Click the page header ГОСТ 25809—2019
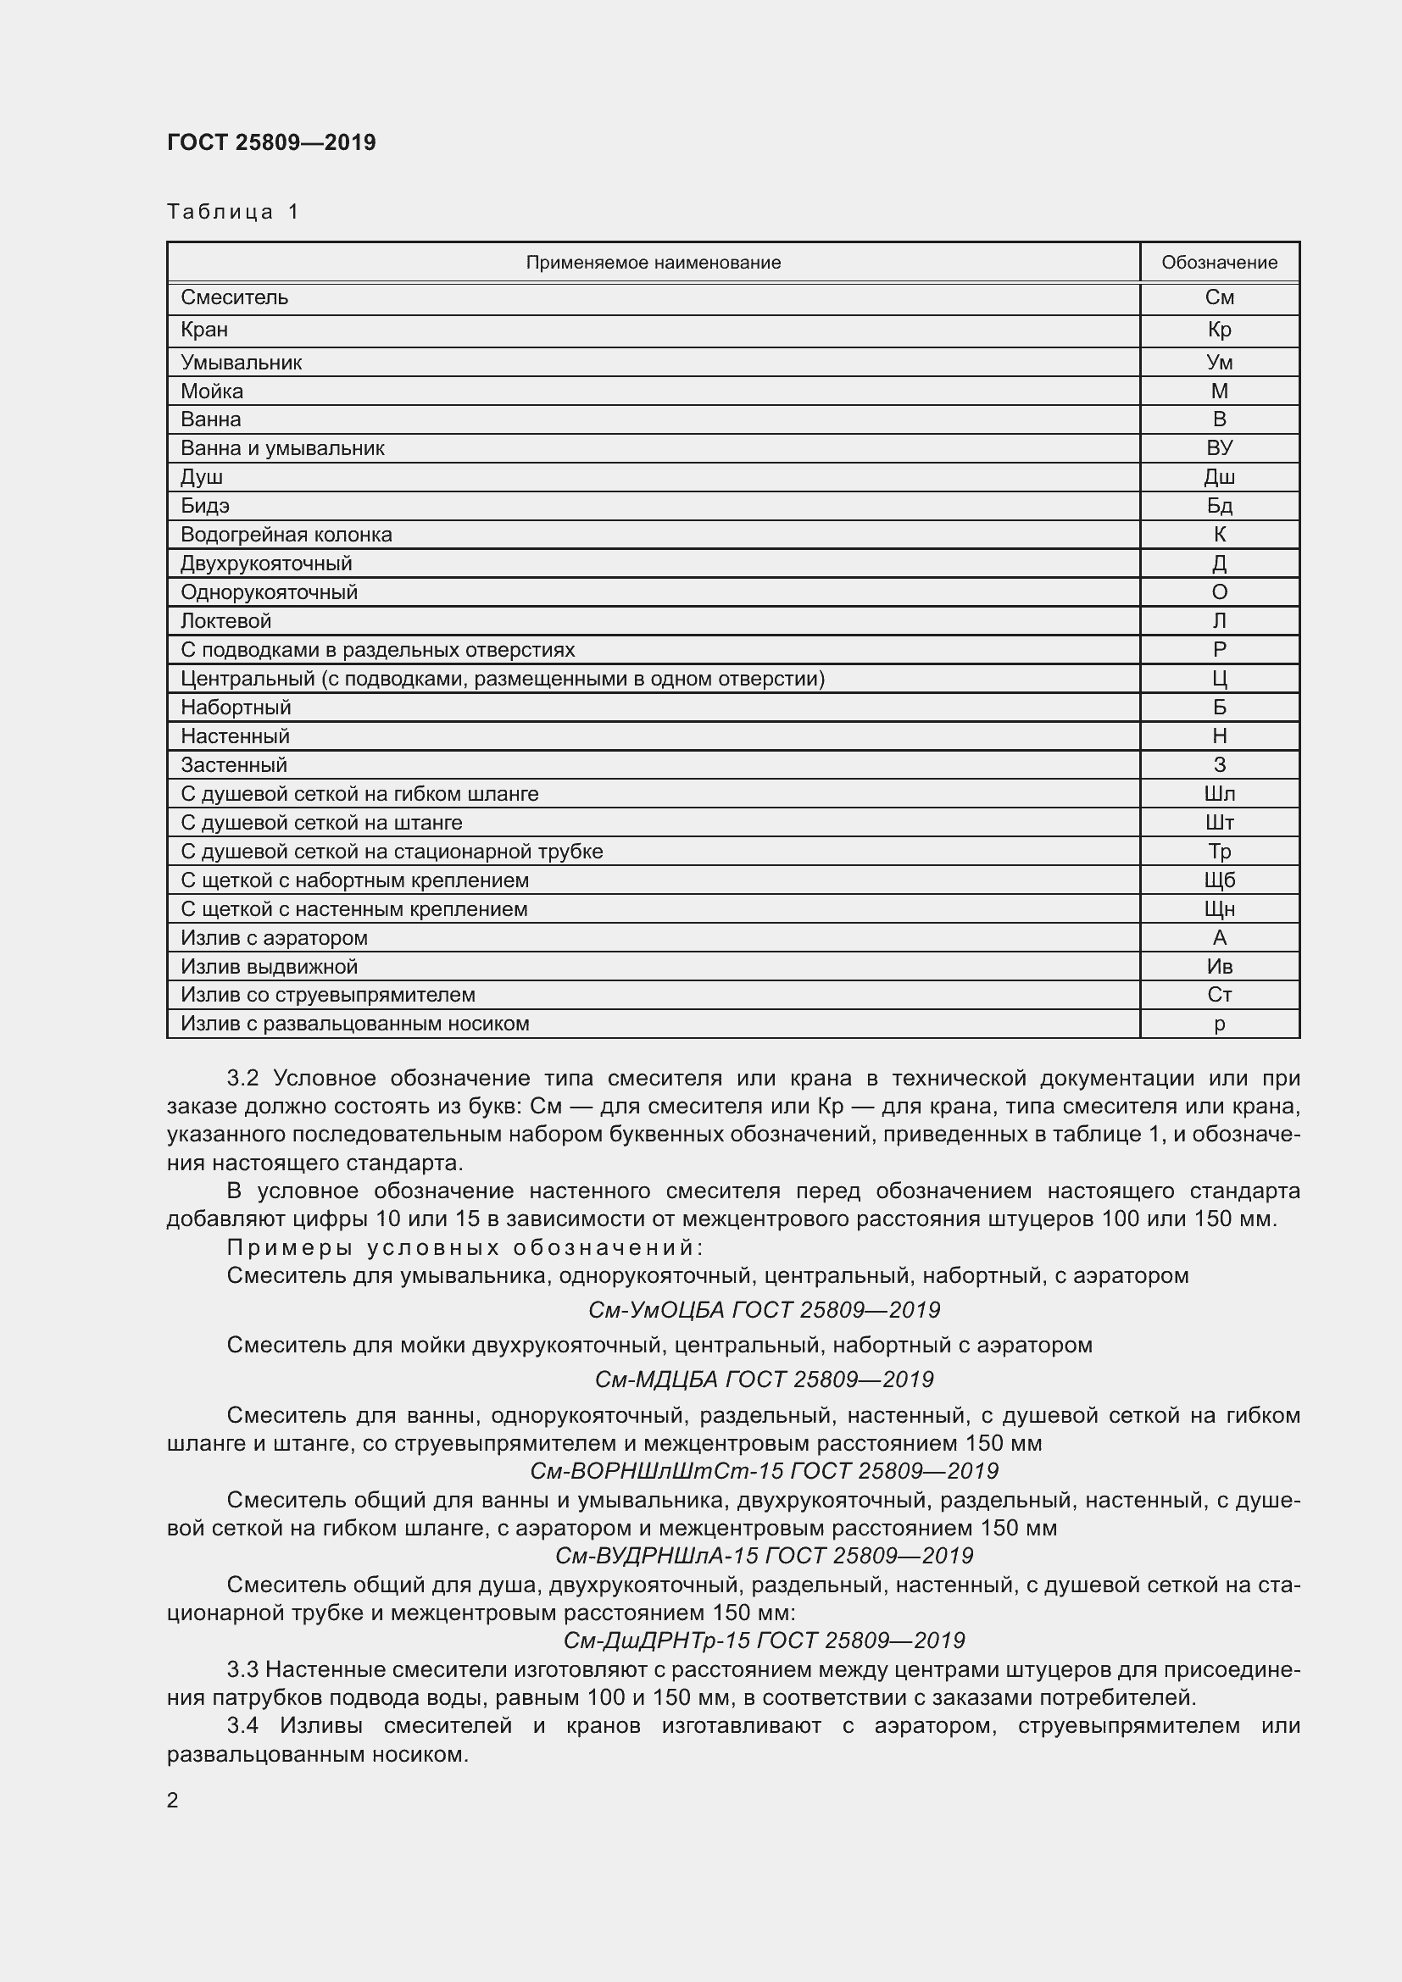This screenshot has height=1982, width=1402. (x=271, y=142)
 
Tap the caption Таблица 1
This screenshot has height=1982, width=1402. (x=232, y=212)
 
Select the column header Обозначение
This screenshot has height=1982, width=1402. (x=1218, y=263)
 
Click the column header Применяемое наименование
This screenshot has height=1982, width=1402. (x=653, y=263)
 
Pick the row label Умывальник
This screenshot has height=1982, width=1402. (x=241, y=363)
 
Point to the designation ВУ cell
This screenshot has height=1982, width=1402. (x=1218, y=448)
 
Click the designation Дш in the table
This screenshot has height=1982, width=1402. (x=1218, y=476)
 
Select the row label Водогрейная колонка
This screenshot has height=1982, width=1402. (x=286, y=535)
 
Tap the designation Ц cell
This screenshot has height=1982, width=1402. (x=1218, y=679)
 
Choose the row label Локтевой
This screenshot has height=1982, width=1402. (x=225, y=620)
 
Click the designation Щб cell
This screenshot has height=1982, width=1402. (x=1218, y=880)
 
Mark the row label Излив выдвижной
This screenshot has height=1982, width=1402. (x=269, y=967)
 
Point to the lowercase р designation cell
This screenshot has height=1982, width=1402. (x=1218, y=1024)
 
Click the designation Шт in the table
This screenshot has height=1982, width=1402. (x=1218, y=823)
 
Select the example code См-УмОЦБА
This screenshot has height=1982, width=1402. (x=658, y=1309)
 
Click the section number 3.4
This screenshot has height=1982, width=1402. (x=242, y=1725)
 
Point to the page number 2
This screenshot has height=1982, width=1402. (x=173, y=1800)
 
